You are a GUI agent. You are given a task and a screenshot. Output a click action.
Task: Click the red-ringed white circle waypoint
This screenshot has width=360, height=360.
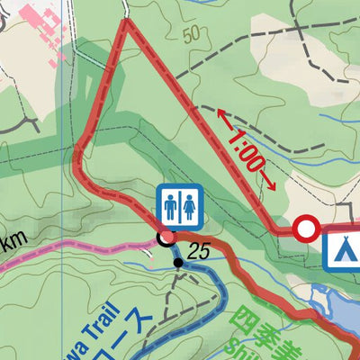pos(307,229)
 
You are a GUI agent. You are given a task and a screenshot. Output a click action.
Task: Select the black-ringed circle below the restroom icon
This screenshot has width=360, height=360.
pos(166,238)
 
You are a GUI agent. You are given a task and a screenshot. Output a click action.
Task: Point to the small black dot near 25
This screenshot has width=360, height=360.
pos(178,263)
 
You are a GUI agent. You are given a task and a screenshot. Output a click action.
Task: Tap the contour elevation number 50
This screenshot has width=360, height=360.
pos(190,37)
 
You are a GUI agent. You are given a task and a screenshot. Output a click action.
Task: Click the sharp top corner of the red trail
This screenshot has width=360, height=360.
pos(127,22)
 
